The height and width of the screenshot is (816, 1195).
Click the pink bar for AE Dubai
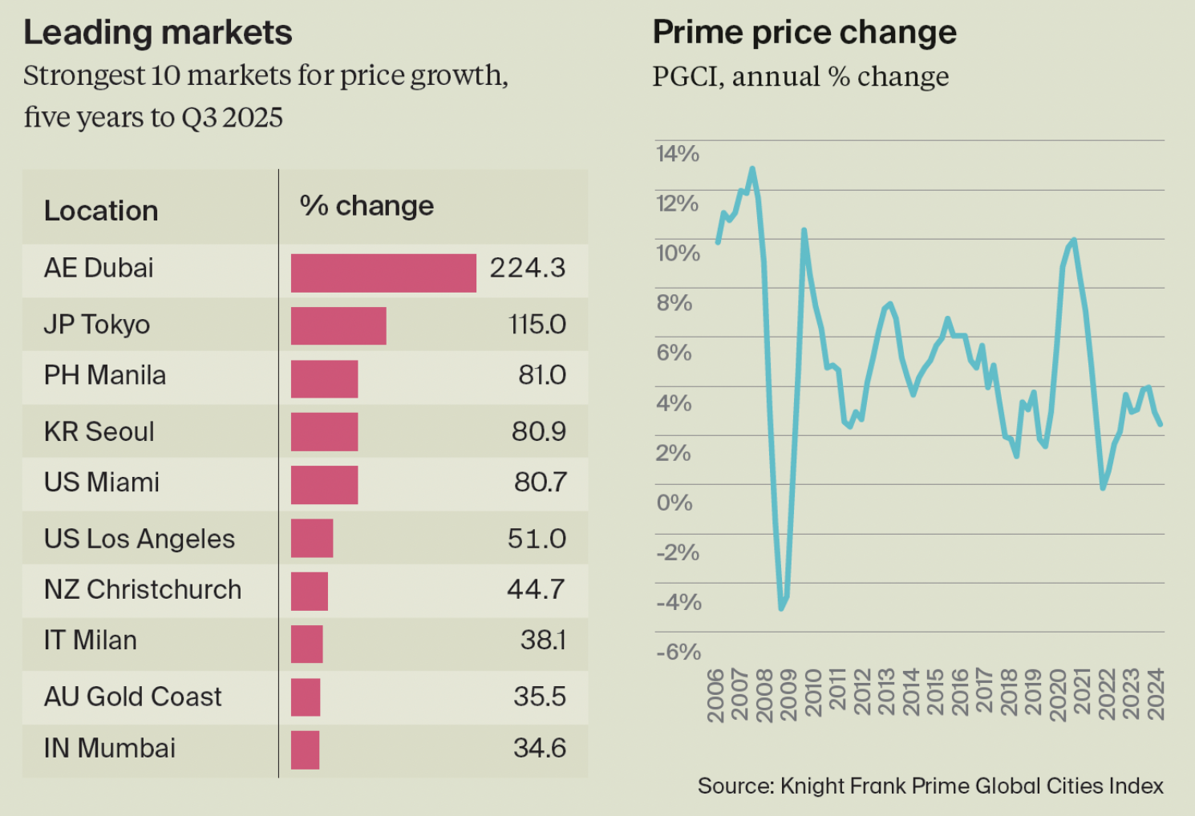tap(383, 273)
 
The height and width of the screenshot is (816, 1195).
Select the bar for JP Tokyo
tap(338, 325)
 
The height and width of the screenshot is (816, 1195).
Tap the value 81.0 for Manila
tap(542, 375)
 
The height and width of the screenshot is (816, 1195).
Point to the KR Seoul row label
tap(99, 431)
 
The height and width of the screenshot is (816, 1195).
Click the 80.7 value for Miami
tap(541, 482)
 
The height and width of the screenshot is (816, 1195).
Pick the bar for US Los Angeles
tap(312, 538)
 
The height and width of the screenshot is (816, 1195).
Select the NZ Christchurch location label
tap(143, 589)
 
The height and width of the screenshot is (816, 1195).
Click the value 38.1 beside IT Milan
tap(543, 640)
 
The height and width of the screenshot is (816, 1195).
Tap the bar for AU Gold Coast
tap(306, 697)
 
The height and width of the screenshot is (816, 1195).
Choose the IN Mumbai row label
tap(110, 748)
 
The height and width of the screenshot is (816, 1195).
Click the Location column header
tap(101, 211)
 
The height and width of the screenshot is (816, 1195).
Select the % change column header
tap(367, 206)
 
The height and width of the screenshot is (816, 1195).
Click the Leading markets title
tap(158, 33)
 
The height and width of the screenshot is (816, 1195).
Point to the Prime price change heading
tap(804, 33)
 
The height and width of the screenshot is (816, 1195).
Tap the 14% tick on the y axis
tap(678, 153)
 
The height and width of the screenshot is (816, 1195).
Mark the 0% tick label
tap(674, 503)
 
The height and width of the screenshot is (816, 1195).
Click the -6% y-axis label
tap(679, 652)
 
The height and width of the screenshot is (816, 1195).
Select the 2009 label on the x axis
tap(789, 694)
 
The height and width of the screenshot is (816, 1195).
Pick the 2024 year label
tap(1156, 694)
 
